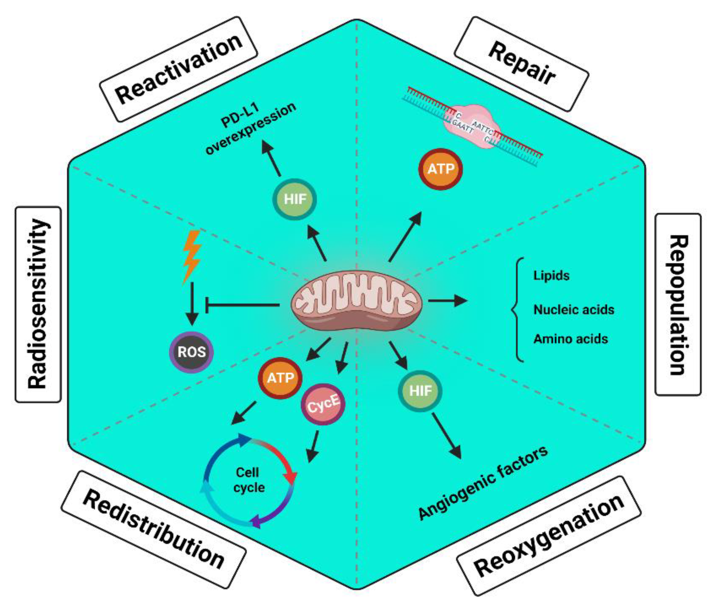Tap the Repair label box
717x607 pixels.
(521, 64)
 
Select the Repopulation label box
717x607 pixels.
(678, 304)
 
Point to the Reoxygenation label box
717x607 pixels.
(549, 537)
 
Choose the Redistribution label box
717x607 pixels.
(154, 530)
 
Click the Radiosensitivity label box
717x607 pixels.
(38, 304)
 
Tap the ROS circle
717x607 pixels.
(192, 352)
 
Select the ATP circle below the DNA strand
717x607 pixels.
(441, 169)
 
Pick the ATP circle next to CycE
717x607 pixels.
(280, 378)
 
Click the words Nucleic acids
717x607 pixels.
(574, 310)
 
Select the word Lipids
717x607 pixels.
(551, 276)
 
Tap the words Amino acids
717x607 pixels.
(570, 339)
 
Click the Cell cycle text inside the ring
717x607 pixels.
(248, 480)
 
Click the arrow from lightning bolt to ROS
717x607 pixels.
(192, 303)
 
